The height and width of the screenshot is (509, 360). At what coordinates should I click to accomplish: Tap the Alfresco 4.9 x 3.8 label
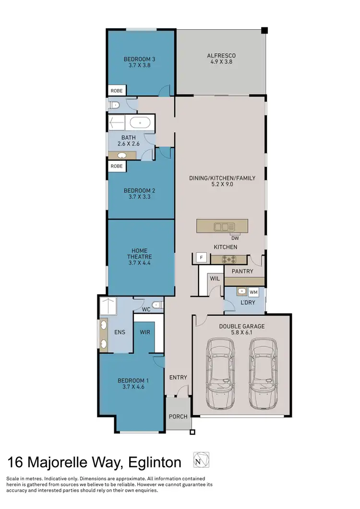pos(221,59)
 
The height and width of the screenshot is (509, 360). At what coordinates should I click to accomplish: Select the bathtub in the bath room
pos(140,123)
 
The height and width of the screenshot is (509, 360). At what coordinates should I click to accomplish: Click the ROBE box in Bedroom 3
pos(117,91)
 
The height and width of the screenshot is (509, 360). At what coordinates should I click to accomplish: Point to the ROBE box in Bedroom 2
pos(117,166)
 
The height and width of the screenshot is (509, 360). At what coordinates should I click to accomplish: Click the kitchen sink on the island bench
pos(224,226)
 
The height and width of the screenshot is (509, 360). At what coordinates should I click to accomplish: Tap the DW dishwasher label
pos(235,237)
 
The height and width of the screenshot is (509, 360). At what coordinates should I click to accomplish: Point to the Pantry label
pos(242,272)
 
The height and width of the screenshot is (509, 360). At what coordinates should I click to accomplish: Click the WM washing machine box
pos(254,292)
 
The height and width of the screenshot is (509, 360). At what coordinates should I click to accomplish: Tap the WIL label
pos(214,278)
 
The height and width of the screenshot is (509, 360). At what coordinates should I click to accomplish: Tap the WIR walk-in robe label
pos(145,332)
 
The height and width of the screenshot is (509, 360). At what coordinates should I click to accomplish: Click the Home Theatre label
pos(139,257)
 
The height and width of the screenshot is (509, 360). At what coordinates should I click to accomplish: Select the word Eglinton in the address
pos(154,462)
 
